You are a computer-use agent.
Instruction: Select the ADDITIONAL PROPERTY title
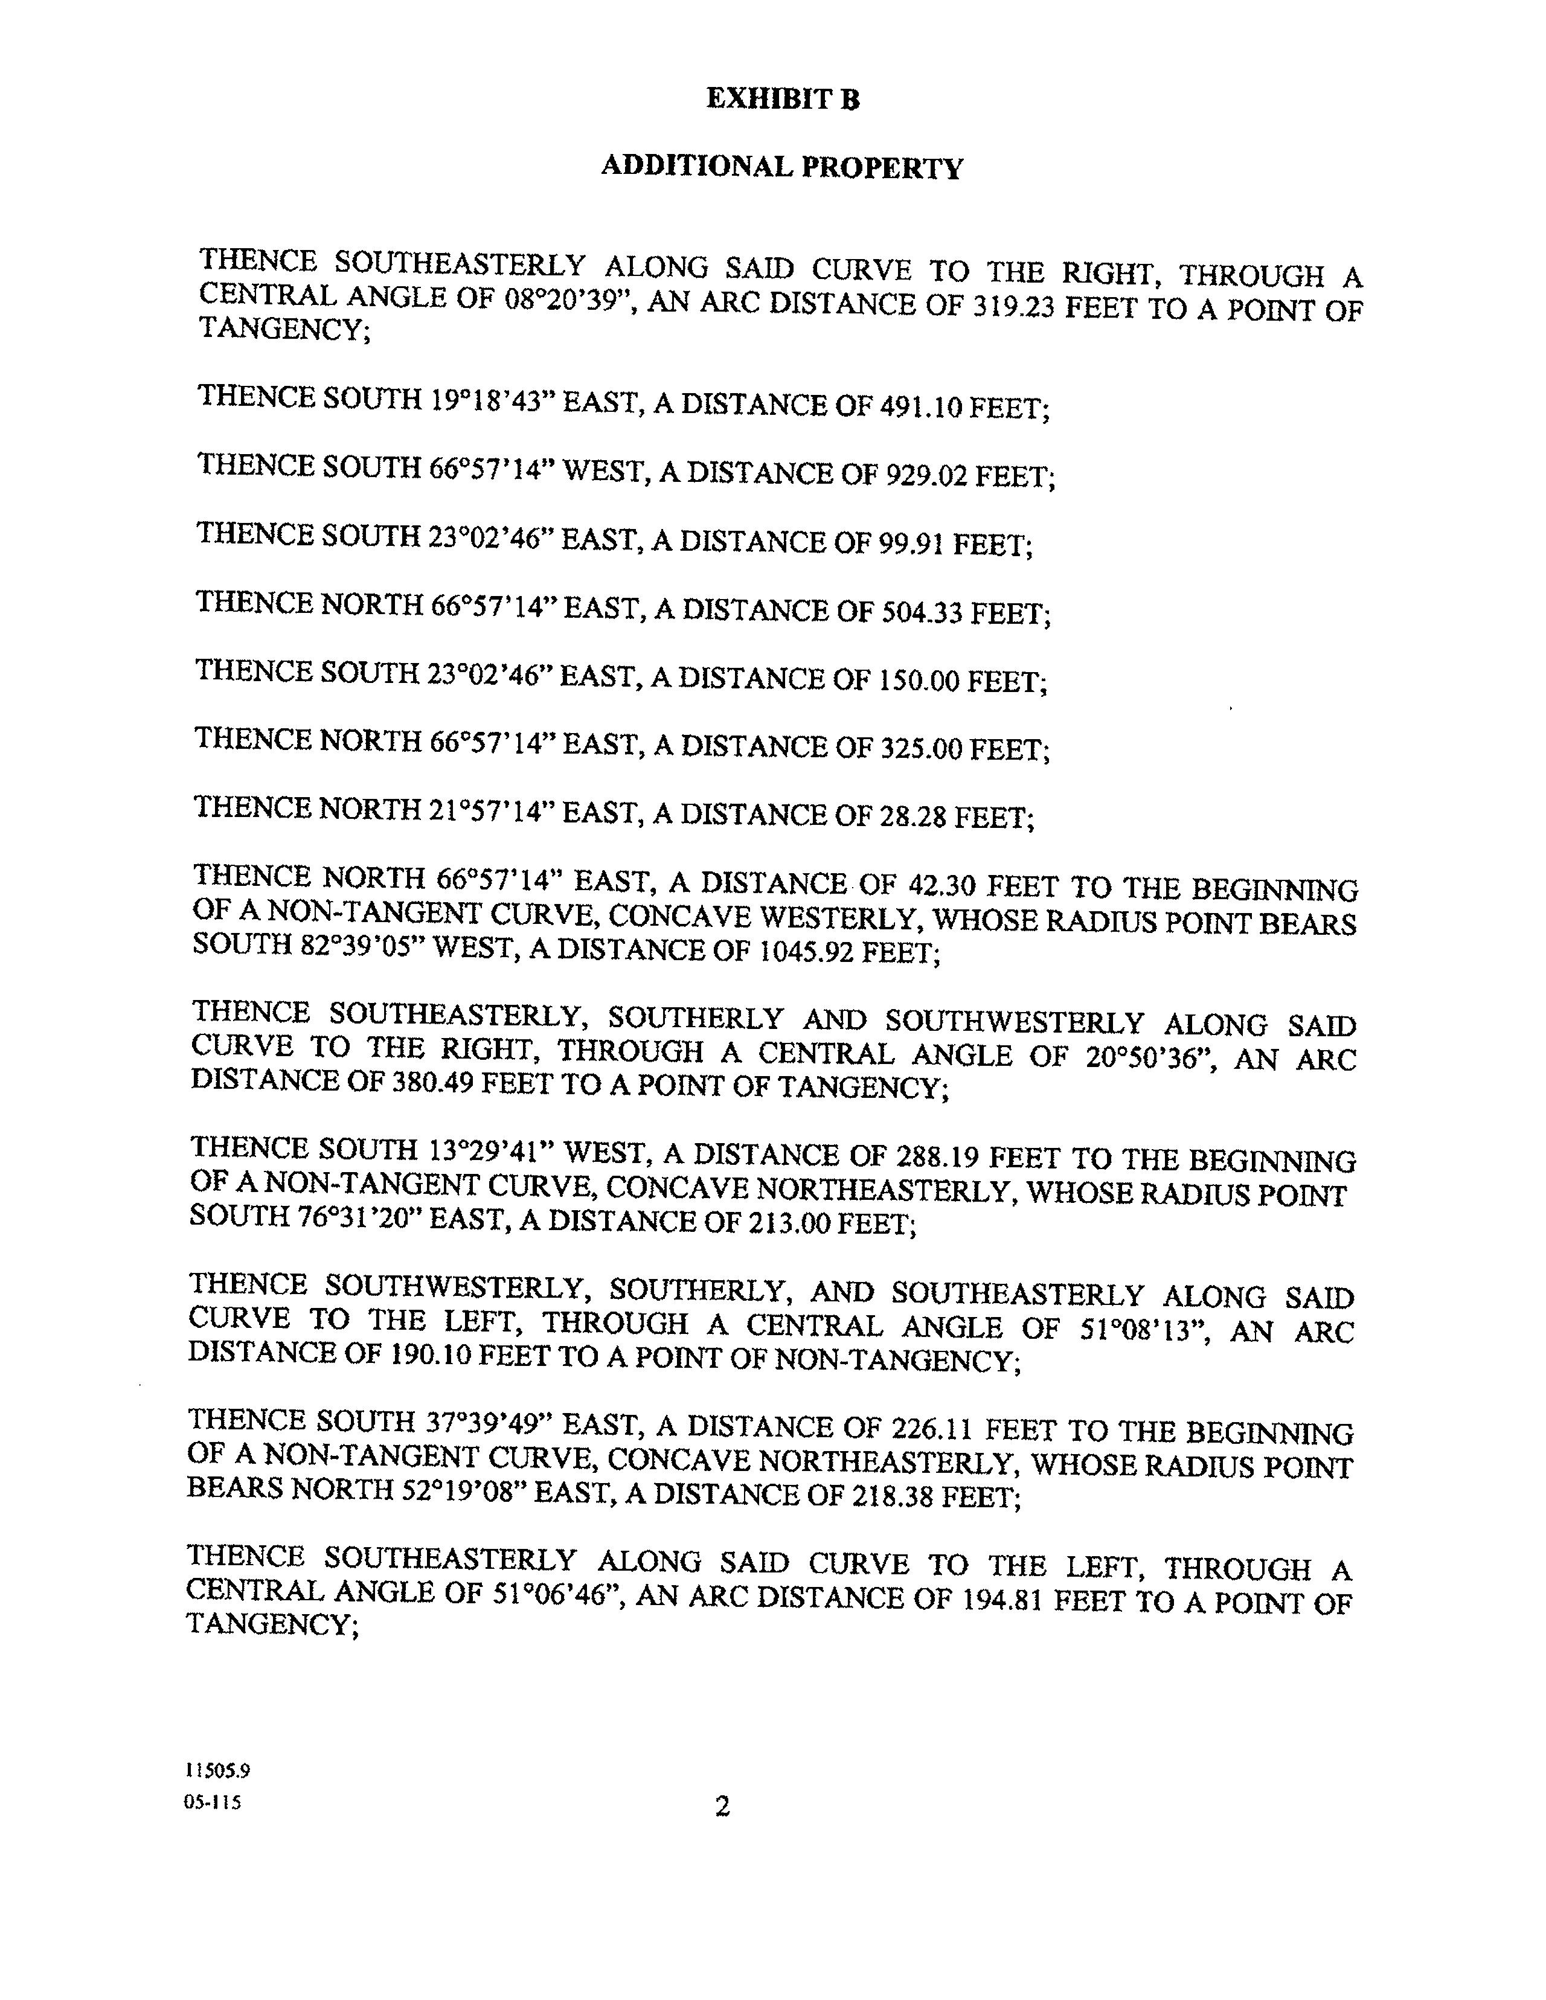point(781,168)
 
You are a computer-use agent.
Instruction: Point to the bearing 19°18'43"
point(490,401)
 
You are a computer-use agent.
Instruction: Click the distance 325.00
point(920,749)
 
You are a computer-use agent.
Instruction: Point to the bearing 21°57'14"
point(490,810)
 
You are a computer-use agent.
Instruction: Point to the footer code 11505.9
point(217,1770)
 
